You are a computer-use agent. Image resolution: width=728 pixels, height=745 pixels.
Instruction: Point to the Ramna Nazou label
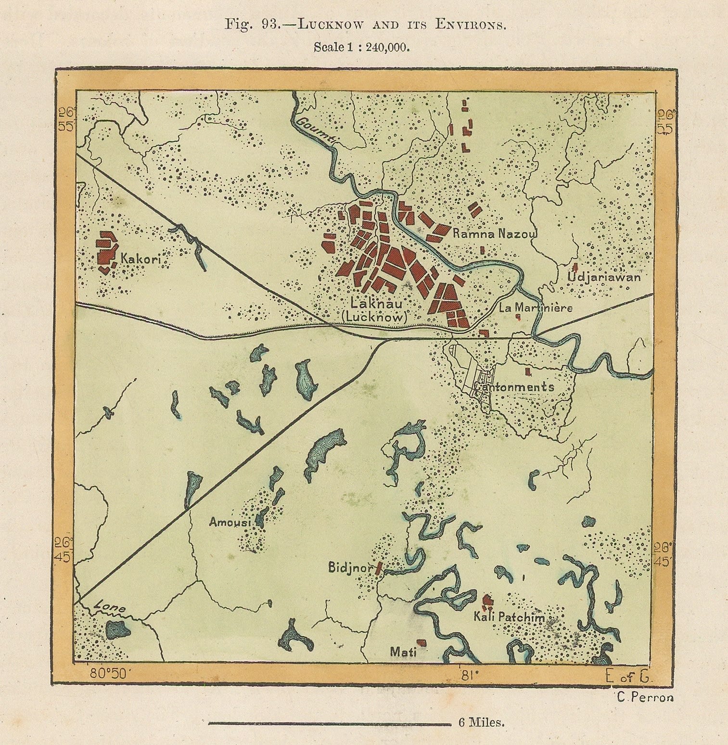(494, 234)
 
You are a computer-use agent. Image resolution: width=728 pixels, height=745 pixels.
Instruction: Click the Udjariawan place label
(604, 277)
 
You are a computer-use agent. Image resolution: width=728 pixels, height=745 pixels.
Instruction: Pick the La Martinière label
(536, 307)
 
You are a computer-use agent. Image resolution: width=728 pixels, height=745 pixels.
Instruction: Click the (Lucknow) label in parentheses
(378, 318)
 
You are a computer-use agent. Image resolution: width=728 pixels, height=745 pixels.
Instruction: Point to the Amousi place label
(230, 522)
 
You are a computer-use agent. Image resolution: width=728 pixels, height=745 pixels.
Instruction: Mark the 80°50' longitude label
(106, 674)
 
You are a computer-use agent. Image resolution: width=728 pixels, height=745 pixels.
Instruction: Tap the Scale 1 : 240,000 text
(361, 47)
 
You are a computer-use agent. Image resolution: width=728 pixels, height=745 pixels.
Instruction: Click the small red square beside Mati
(421, 642)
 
